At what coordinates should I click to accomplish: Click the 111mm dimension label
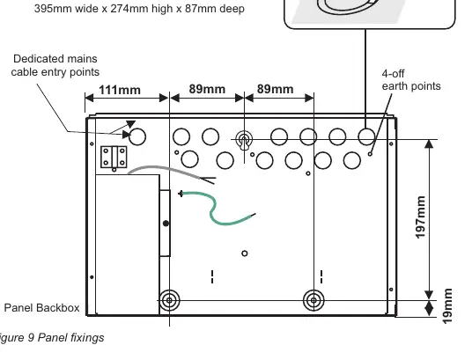[x=120, y=90]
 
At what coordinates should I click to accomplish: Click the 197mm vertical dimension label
[x=421, y=217]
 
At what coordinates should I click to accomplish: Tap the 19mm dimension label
[x=447, y=305]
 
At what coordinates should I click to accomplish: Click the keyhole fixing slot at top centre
[x=244, y=140]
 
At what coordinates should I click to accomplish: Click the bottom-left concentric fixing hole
[x=169, y=300]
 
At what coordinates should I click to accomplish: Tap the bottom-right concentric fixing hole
[x=313, y=300]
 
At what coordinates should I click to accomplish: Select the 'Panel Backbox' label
[x=42, y=308]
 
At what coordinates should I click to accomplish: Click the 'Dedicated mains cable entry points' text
[x=55, y=65]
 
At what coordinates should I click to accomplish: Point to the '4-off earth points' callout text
[x=411, y=80]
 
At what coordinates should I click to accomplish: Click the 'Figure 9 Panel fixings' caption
[x=52, y=337]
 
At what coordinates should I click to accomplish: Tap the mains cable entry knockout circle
[x=137, y=136]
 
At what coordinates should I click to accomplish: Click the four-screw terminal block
[x=114, y=157]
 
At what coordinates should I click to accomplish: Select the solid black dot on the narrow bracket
[x=166, y=224]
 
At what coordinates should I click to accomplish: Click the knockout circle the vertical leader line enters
[x=366, y=136]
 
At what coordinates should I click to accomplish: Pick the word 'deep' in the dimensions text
[x=232, y=9]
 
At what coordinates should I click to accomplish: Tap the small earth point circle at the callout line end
[x=370, y=154]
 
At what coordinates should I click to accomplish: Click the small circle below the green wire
[x=245, y=253]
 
